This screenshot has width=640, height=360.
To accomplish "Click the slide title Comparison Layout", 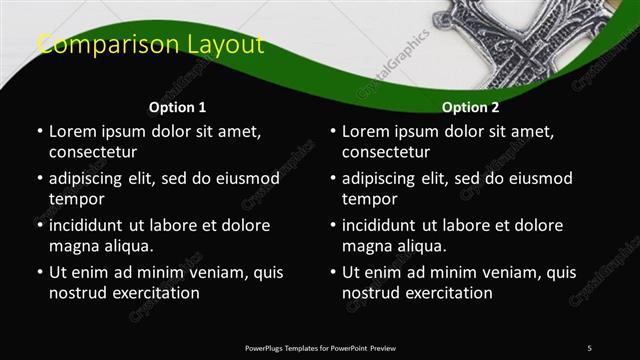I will point(150,45).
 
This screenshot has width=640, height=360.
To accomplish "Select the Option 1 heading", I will point(178,107).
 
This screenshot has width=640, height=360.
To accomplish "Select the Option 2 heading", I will point(471,107).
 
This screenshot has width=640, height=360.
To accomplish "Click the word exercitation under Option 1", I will point(153,293).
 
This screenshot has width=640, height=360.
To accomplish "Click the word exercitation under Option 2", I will point(446,293).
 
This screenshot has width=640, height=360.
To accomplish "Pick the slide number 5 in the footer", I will point(589,347).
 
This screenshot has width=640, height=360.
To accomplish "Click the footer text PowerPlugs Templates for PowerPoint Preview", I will point(320,347).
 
